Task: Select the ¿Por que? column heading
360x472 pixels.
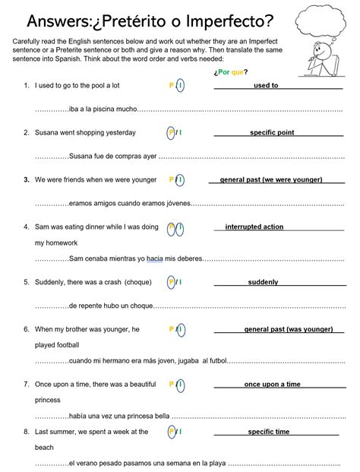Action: point(232,72)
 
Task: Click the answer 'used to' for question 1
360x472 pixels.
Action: point(266,86)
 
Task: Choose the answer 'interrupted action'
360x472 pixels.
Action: point(254,226)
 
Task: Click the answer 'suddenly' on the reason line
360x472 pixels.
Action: point(263,282)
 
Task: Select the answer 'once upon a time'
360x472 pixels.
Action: point(272,385)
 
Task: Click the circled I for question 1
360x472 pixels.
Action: point(180,86)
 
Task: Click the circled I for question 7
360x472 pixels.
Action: point(180,385)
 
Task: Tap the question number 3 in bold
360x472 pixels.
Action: point(26,180)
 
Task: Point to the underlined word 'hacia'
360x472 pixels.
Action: point(156,258)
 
